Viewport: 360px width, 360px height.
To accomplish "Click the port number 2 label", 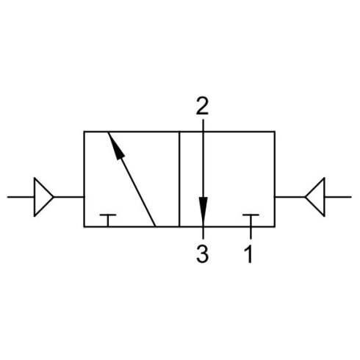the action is (x=202, y=106).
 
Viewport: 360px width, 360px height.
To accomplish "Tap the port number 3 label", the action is (x=203, y=254).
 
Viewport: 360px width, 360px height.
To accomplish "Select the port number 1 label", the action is (x=248, y=254).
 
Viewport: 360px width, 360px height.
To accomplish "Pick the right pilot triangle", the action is (x=315, y=197).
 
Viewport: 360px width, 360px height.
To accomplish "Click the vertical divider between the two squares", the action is (x=179, y=179).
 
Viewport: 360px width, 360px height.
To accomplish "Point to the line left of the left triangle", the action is (x=21, y=197).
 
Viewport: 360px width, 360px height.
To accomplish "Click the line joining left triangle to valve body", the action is (x=69, y=197).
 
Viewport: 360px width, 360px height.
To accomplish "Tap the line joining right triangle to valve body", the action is (x=290, y=197).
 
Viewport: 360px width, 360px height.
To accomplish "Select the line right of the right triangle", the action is (x=338, y=197).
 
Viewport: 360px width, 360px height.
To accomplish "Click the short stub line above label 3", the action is (x=203, y=233).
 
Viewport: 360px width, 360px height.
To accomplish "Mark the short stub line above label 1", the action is (x=251, y=233).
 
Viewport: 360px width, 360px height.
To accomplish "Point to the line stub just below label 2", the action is (x=203, y=125).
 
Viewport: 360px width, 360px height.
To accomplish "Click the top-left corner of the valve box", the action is (x=84, y=132).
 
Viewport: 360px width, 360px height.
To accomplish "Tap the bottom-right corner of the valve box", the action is (x=275, y=227).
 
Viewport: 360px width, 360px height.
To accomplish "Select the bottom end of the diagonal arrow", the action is (x=155, y=226).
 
